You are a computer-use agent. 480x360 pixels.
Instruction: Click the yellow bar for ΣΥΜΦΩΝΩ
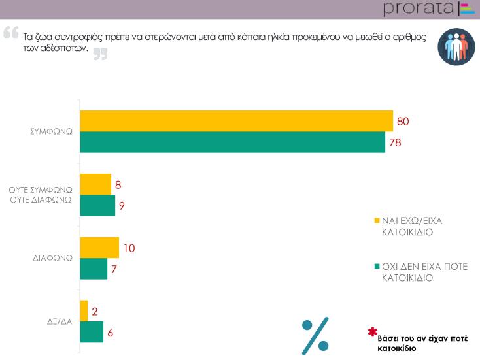[235, 121]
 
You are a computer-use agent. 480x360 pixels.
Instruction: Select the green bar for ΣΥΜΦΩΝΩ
[232, 142]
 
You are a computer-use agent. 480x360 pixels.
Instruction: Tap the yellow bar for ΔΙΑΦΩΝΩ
[99, 248]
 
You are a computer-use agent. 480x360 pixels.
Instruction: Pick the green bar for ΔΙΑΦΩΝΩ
[93, 269]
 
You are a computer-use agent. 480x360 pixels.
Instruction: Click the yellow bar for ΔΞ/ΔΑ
[83, 311]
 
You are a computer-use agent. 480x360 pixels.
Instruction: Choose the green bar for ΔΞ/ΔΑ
[91, 332]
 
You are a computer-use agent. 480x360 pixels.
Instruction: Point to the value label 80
[403, 121]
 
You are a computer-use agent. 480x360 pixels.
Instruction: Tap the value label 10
[129, 248]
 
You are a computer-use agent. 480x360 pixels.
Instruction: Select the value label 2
[95, 312]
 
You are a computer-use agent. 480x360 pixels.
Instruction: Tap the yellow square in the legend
[376, 220]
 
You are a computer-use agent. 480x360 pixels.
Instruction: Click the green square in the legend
[376, 267]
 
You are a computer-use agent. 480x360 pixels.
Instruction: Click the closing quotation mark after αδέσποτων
[99, 55]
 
